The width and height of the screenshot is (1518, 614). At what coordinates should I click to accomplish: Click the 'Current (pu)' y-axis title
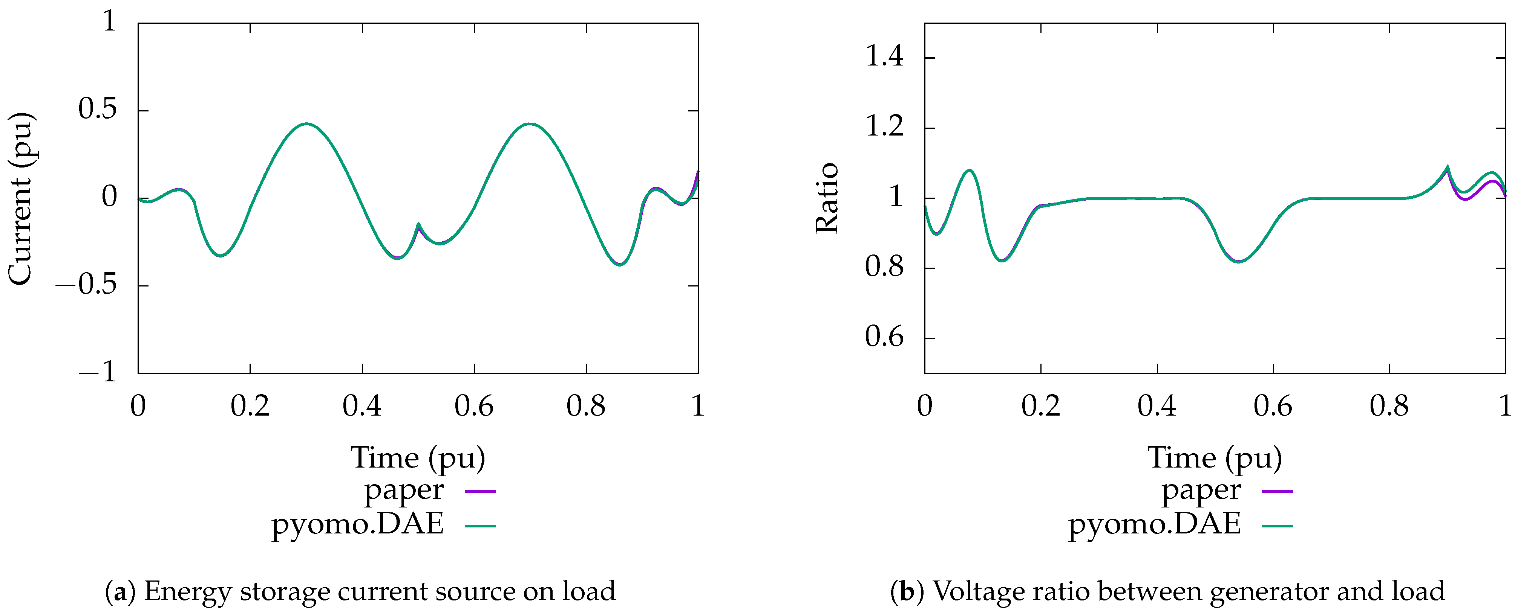click(21, 198)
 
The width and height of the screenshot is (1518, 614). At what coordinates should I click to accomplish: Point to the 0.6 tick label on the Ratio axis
click(884, 337)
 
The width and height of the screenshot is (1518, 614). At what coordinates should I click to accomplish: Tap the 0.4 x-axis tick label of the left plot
click(362, 406)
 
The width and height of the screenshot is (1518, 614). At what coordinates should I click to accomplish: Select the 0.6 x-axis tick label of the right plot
click(1273, 406)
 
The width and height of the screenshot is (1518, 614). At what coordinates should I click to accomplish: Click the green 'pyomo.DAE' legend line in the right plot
click(1277, 525)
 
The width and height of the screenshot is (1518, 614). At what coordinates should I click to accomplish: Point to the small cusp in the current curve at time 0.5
click(418, 224)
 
